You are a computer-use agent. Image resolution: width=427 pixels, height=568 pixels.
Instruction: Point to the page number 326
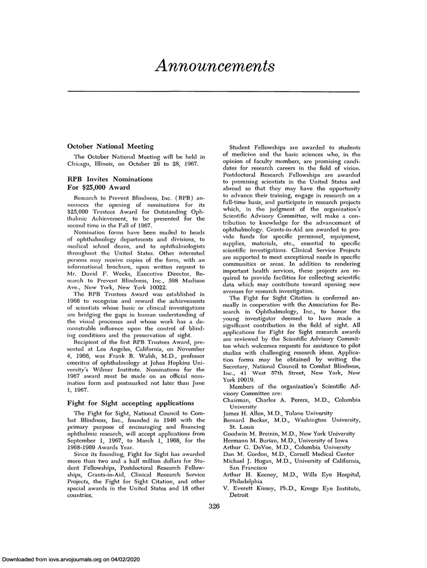click(213, 505)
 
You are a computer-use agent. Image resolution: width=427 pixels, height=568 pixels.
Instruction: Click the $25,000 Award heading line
click(99, 187)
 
